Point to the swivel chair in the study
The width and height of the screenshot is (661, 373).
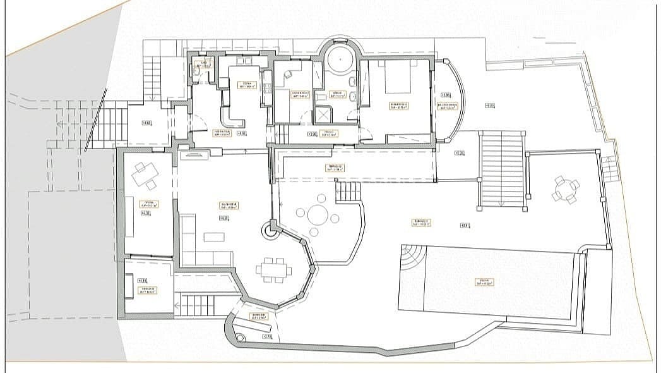[x=288, y=74]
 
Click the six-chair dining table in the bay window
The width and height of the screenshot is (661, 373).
[x=274, y=270]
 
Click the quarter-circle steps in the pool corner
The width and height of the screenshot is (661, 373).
[x=412, y=256]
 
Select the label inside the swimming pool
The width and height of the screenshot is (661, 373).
[x=485, y=282]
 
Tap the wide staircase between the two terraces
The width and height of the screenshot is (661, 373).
[x=502, y=169]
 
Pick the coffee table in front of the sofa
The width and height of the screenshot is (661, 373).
[x=213, y=236]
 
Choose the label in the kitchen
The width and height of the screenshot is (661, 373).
[x=246, y=85]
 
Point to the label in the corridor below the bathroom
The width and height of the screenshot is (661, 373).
[x=330, y=133]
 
